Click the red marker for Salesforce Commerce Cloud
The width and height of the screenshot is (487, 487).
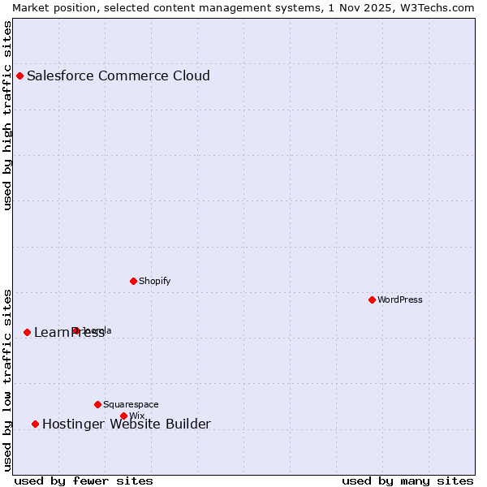tap(20, 75)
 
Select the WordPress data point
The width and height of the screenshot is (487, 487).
tap(372, 300)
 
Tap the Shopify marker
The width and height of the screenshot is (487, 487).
tap(133, 281)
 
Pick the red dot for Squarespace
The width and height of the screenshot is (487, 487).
tap(97, 404)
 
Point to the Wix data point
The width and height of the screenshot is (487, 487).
tap(123, 416)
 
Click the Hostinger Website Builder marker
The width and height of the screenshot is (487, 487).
tap(35, 424)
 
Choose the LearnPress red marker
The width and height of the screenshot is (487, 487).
tap(27, 332)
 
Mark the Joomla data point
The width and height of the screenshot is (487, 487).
tap(75, 330)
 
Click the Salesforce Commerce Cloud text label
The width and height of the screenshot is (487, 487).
tap(119, 76)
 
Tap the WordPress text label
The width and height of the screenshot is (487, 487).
tap(400, 300)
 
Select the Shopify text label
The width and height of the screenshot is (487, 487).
tap(154, 281)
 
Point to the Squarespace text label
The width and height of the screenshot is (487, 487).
tap(131, 404)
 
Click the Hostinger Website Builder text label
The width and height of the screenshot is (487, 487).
tap(127, 424)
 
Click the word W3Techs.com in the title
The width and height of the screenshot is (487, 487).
tap(441, 7)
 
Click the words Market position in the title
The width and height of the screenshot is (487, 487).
tap(50, 7)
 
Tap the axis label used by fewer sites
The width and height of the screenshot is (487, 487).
tap(84, 481)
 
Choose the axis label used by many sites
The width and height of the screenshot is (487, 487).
tap(407, 481)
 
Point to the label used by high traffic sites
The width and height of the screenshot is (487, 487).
tap(8, 115)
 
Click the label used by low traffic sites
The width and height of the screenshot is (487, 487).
tap(8, 380)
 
